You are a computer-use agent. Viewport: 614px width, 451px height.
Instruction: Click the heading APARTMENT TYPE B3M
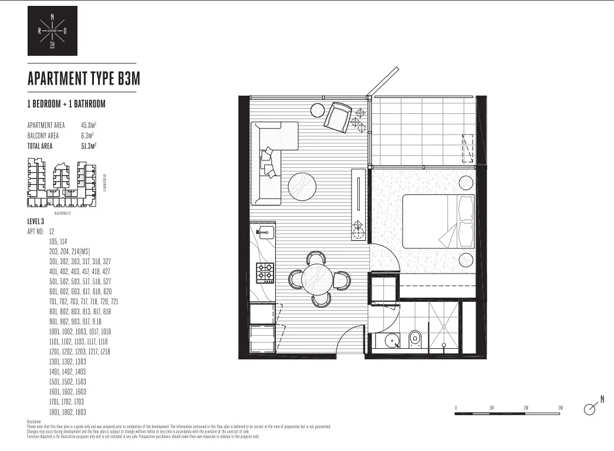coord(83,79)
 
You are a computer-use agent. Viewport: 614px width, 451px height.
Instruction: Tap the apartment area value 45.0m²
coord(89,125)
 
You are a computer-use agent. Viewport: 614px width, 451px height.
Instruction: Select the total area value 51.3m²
coord(89,146)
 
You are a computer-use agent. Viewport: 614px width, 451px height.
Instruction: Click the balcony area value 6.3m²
coord(87,136)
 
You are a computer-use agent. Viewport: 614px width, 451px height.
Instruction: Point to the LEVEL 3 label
coord(36,221)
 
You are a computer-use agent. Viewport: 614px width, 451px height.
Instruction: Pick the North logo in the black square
coord(52,31)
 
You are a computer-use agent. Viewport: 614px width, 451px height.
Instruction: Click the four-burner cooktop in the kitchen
coord(265,271)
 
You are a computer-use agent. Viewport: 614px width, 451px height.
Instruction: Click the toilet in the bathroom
coord(415,338)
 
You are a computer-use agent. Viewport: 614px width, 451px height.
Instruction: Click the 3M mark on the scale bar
coord(560,408)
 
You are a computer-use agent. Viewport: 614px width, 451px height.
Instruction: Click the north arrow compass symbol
coord(592,409)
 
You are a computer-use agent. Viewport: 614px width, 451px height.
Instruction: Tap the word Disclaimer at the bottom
coord(34,422)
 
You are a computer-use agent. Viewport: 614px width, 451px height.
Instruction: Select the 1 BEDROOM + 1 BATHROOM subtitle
coord(66,104)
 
